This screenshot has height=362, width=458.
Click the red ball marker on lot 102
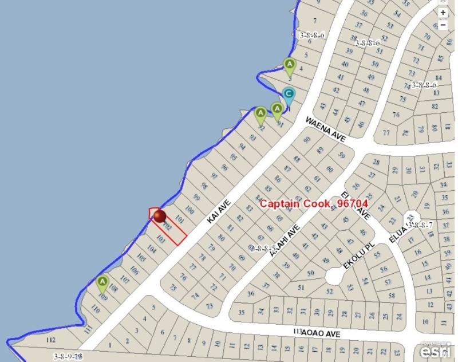click(159, 216)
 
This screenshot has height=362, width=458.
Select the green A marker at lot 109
click(102, 282)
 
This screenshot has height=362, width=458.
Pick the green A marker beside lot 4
click(290, 64)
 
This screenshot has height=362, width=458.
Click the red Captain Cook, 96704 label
click(313, 203)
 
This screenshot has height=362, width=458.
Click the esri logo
click(437, 349)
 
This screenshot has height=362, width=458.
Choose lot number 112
click(51, 340)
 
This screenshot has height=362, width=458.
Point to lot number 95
click(233, 157)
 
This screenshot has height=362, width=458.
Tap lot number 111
click(88, 329)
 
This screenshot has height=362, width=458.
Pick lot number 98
click(204, 186)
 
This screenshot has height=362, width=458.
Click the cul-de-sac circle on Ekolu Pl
click(334, 277)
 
